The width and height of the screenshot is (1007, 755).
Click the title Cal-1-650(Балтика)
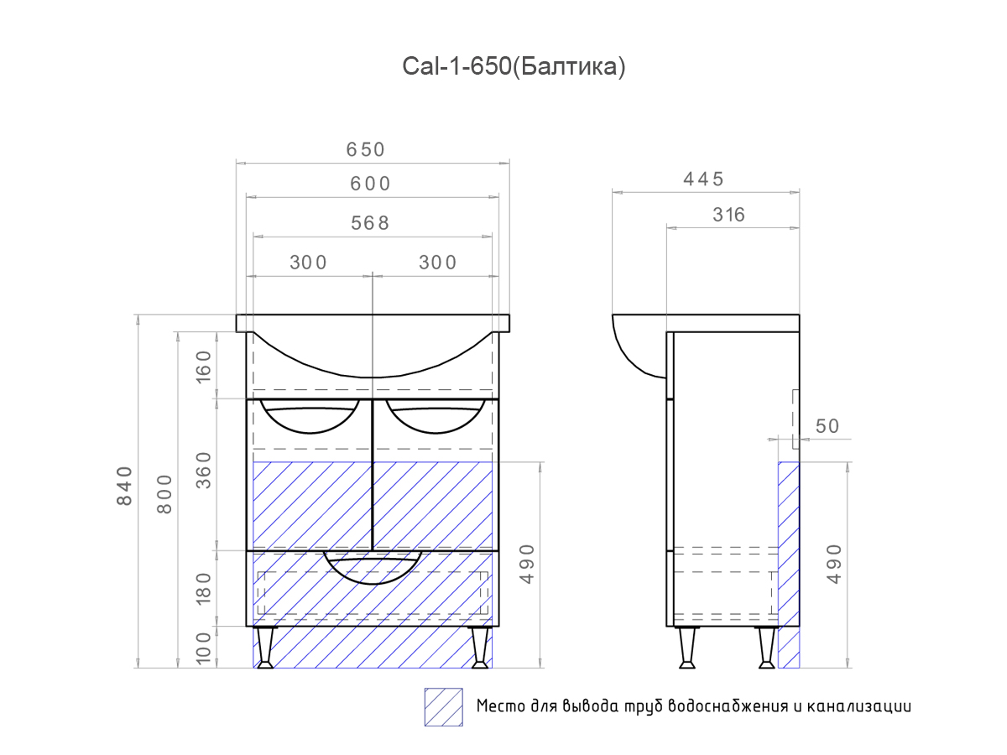(514, 67)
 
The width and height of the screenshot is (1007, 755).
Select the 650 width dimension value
(365, 149)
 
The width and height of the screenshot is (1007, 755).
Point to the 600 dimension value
(371, 184)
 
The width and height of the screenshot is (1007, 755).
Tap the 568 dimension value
(371, 223)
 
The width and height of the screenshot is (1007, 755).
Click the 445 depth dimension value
(703, 179)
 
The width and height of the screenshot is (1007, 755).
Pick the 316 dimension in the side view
(728, 215)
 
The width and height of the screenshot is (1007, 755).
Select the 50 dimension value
(827, 426)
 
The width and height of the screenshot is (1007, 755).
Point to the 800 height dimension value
(164, 494)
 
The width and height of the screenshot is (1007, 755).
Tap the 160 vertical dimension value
(204, 366)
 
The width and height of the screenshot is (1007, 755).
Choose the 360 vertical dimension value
(204, 474)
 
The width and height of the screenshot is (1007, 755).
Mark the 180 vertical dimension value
(204, 588)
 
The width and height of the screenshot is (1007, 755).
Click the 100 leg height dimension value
(204, 648)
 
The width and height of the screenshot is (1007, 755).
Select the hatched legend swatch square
(443, 706)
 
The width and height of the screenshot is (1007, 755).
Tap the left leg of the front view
(265, 648)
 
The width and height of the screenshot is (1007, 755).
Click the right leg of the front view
(480, 648)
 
